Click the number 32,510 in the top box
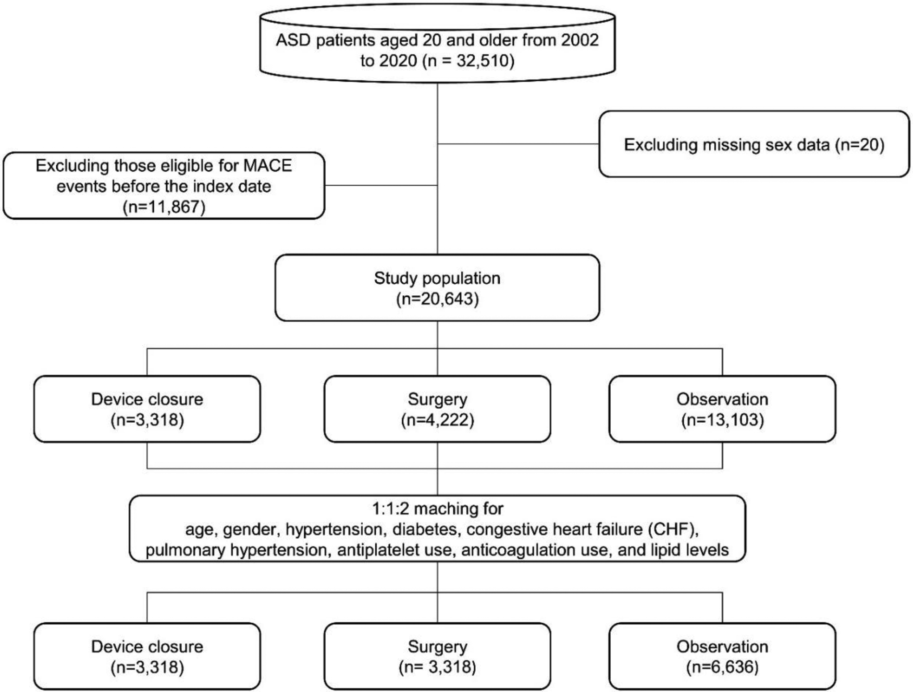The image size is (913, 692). (482, 61)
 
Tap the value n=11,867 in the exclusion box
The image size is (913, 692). (164, 207)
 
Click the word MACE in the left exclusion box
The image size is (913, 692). (268, 166)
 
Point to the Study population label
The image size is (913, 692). (437, 278)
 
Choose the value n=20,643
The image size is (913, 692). (437, 299)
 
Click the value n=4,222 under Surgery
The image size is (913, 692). (437, 420)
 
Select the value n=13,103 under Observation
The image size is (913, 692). (722, 420)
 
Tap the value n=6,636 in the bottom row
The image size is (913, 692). (722, 667)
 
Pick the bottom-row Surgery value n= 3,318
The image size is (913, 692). (437, 667)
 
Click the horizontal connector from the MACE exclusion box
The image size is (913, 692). (381, 185)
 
